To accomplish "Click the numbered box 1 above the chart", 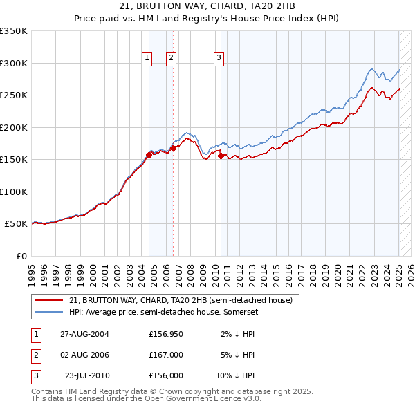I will [147, 58].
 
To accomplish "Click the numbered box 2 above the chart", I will [170, 58].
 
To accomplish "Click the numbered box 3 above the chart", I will [219, 58].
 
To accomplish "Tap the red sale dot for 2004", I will [149, 155].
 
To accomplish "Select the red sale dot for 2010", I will [221, 156].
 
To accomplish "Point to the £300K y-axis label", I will [13, 63].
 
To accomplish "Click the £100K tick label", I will [13, 192].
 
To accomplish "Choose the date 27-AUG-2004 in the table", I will [84, 334].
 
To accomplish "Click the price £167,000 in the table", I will [166, 355].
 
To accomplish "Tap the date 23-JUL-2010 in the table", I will [87, 375].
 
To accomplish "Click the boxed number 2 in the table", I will [35, 355].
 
